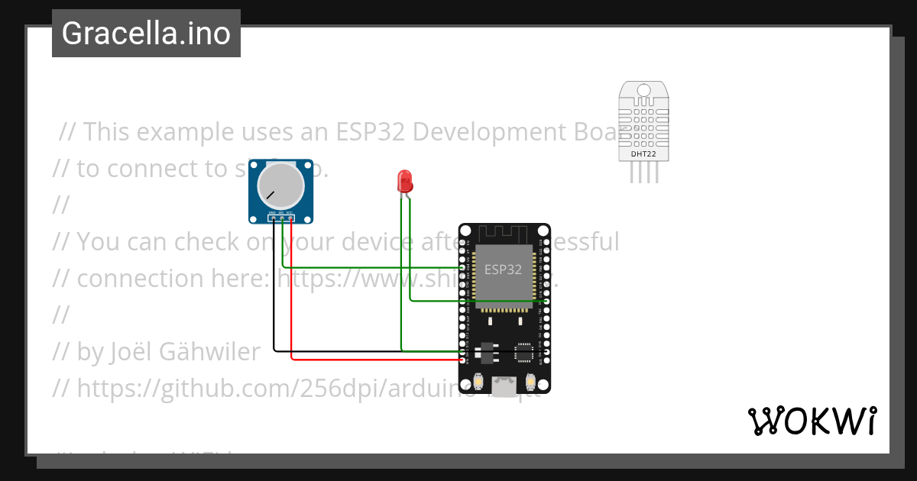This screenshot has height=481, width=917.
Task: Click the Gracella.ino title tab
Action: point(146,33)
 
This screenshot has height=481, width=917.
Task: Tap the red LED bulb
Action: point(405,181)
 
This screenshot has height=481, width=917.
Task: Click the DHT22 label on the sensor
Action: point(643,154)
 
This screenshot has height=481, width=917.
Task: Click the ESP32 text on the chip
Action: point(504,269)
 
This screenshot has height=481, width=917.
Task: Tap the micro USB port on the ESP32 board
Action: point(504,386)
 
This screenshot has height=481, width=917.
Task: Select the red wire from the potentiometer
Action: point(292,305)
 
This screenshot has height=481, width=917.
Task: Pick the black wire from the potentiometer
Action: point(274,305)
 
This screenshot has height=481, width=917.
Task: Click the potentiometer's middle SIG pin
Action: point(282,219)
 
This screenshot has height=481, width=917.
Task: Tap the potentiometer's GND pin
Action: point(273,219)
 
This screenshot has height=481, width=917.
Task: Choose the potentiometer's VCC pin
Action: point(291,219)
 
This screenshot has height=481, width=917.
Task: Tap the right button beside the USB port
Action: point(530,381)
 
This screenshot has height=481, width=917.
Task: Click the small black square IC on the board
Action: point(524,352)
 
